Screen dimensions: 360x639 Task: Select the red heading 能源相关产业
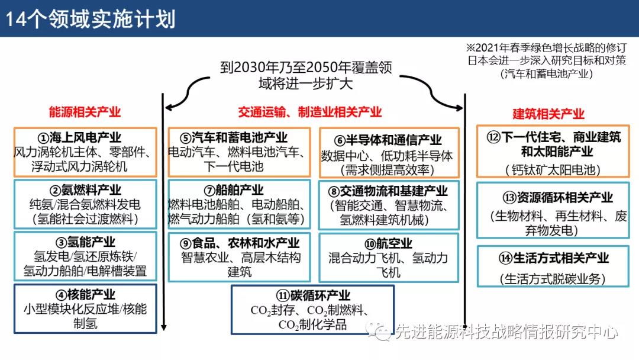pos(85,112)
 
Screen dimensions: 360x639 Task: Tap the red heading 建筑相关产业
pos(548,114)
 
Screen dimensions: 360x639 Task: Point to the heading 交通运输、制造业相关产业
pos(310,112)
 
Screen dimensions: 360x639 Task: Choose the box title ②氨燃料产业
pos(85,190)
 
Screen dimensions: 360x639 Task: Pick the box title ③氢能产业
pos(85,242)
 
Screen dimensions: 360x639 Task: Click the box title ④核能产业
pos(85,294)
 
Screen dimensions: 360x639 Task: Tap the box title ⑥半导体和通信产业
pos(388,140)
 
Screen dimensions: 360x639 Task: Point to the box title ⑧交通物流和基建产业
pos(388,191)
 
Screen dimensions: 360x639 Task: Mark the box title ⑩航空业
pos(388,243)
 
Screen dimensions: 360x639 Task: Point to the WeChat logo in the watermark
pos(378,332)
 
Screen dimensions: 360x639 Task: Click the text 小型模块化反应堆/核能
pos(85,309)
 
